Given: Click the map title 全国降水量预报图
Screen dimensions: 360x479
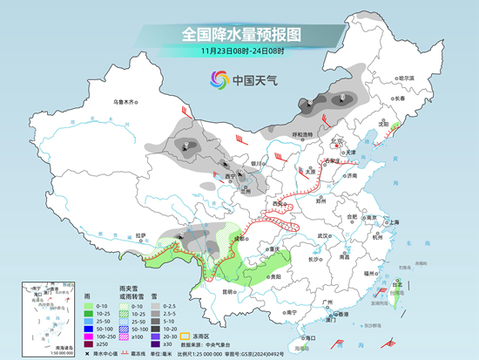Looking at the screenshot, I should pyautogui.click(x=239, y=34).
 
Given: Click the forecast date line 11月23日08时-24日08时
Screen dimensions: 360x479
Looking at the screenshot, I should pyautogui.click(x=239, y=51).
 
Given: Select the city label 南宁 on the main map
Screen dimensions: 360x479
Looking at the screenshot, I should pyautogui.click(x=291, y=311).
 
